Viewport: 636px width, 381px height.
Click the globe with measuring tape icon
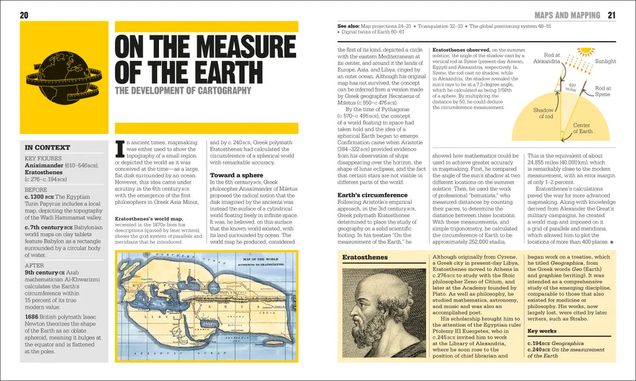64,78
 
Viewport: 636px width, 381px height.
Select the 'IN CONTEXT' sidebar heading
47,148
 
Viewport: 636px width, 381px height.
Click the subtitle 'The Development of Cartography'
183,91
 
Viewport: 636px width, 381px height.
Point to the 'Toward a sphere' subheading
230,175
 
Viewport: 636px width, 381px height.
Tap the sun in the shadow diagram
585,52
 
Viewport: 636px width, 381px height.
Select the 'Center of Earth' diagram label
581,128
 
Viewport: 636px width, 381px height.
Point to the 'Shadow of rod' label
543,113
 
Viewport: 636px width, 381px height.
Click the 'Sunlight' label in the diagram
606,62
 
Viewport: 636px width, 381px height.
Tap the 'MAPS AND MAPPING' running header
567,15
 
